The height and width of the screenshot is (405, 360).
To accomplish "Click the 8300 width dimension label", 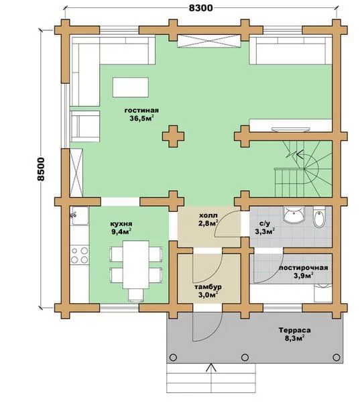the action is (x=201, y=8).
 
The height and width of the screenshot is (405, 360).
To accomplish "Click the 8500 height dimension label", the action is (x=41, y=169).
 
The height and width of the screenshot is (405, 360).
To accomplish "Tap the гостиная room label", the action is (x=141, y=111).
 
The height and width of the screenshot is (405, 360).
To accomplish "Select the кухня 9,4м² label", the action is (x=121, y=227).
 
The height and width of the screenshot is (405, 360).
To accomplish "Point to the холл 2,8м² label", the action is (x=208, y=219).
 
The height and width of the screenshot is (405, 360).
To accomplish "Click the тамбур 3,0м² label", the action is (x=208, y=291).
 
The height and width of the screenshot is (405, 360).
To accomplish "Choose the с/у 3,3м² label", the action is (x=264, y=228).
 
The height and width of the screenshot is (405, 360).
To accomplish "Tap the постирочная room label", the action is (x=304, y=268).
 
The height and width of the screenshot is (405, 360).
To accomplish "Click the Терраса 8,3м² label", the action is (x=294, y=334).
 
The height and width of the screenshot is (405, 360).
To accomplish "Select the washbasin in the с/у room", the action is (x=294, y=214).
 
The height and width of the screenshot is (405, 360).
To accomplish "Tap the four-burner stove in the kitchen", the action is (x=80, y=255).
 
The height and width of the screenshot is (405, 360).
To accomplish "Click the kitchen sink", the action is (x=80, y=216).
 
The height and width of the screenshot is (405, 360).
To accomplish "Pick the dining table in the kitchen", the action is (x=136, y=264).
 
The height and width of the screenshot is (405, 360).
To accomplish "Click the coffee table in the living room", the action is (x=131, y=87).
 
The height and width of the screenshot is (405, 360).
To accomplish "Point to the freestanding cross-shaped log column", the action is (x=173, y=136).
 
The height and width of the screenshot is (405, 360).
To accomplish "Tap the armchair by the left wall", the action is (x=85, y=126).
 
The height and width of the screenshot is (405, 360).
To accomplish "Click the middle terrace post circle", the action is (x=245, y=357).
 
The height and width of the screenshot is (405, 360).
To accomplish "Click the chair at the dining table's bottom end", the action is (x=136, y=295).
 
